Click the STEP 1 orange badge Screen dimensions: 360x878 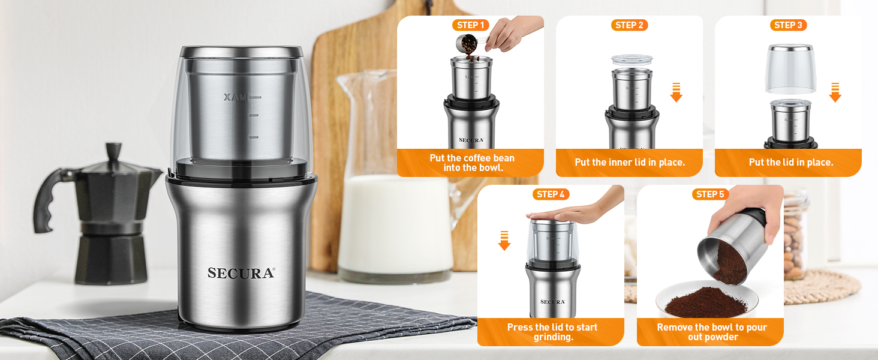(470, 25)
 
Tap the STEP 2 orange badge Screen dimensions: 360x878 (629, 25)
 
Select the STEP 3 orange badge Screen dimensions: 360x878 (788, 25)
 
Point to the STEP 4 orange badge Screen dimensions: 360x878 (551, 194)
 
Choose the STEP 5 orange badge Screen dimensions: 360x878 (710, 194)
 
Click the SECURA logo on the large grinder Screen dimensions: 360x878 (241, 273)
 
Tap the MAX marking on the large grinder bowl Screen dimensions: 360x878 (235, 97)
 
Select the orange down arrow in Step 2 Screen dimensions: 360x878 (676, 92)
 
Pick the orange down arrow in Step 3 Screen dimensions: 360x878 (835, 92)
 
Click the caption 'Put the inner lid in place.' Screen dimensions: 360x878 (629, 162)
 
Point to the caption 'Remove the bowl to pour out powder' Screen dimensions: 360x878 (711, 332)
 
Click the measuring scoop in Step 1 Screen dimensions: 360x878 (464, 43)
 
